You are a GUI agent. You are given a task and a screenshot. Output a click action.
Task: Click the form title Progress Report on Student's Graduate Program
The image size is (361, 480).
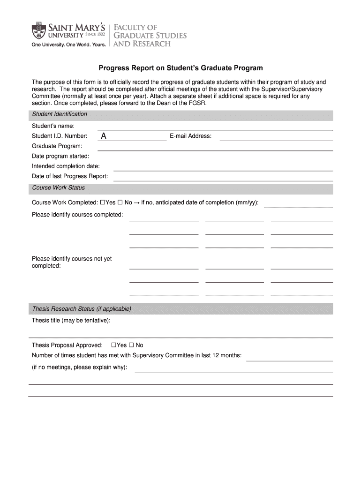[180, 68]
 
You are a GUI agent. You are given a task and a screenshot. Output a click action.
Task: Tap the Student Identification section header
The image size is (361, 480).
[60, 114]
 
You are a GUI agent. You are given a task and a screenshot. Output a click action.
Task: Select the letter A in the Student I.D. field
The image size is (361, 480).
[104, 136]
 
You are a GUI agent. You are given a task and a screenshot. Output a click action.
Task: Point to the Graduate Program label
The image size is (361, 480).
[57, 146]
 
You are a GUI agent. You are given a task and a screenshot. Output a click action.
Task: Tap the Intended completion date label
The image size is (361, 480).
[66, 166]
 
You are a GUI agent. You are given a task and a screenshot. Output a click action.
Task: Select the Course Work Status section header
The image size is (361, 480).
[59, 187]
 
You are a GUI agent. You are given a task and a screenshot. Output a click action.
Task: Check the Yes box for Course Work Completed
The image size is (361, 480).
[103, 202]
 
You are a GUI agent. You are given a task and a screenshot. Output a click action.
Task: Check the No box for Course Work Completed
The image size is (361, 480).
[120, 202]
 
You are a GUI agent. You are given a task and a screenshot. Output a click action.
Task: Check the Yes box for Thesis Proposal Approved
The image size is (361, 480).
[113, 345]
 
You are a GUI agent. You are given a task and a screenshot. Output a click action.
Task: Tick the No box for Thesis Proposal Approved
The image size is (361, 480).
[131, 345]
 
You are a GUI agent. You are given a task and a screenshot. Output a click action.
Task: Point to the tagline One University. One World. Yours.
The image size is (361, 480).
[69, 45]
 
